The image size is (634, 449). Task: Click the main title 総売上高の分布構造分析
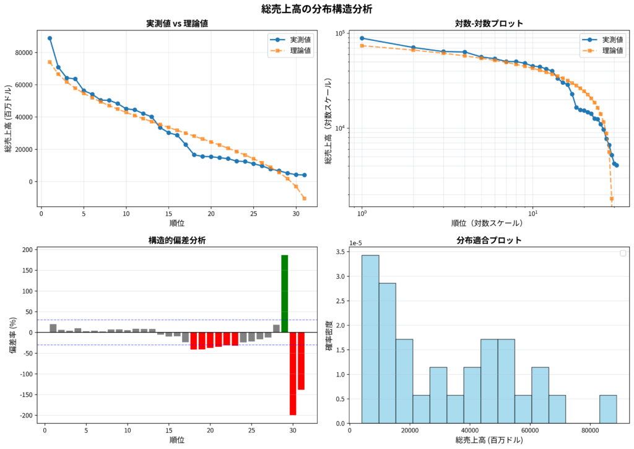(x=316, y=9)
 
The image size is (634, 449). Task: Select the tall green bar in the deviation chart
(x=284, y=294)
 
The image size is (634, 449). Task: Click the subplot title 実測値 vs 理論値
(x=176, y=24)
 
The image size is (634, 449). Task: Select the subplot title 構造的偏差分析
(x=176, y=240)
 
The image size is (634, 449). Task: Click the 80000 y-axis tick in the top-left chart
(x=24, y=53)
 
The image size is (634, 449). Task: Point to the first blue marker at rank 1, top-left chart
(x=50, y=38)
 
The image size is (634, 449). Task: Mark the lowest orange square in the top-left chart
(x=304, y=198)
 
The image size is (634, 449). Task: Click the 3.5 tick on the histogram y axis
(x=340, y=252)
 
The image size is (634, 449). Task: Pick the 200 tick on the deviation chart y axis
(x=25, y=250)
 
